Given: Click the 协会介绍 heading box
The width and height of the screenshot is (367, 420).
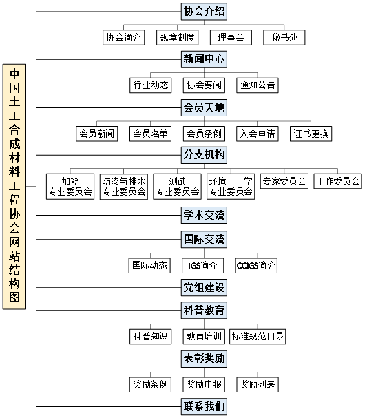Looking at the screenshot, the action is pos(204,12).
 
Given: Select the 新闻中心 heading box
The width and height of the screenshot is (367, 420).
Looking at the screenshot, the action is pos(204,59).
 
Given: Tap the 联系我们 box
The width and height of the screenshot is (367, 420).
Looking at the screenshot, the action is pos(204,407).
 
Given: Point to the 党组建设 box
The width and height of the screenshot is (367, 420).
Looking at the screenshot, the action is pos(204,287).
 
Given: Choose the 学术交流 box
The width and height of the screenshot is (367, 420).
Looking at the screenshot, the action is pos(204,215).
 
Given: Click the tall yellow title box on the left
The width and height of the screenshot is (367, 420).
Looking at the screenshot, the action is pos(14,187).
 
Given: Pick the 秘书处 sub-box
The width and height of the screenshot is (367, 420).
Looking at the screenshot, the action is pos(284,37).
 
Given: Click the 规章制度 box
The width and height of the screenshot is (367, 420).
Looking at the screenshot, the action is pos(178,37).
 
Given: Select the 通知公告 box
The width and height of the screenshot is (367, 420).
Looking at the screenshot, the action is pos(258,85).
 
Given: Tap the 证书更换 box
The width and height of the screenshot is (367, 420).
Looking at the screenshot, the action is pos(311,134).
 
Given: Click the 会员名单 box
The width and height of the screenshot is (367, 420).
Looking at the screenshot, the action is pos(150,134).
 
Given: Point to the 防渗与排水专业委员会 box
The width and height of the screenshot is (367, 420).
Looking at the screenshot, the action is pos(124,187).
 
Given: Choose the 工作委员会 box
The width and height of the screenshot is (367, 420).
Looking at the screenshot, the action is pos(338,181).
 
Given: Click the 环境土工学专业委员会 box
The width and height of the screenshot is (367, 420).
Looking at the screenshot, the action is pos(231,187).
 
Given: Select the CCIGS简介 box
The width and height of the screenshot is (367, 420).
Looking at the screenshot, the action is pos(256,266).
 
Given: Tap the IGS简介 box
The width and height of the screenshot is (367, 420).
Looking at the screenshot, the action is pos(203,266).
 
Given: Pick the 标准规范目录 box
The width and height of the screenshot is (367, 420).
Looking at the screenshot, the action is pos(258,337).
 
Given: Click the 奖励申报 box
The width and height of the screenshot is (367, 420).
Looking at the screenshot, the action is pos(204,385).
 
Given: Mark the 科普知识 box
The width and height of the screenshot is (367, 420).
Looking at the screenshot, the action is pos(150,337).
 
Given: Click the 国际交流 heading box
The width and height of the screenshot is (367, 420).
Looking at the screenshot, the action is pos(204,239).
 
